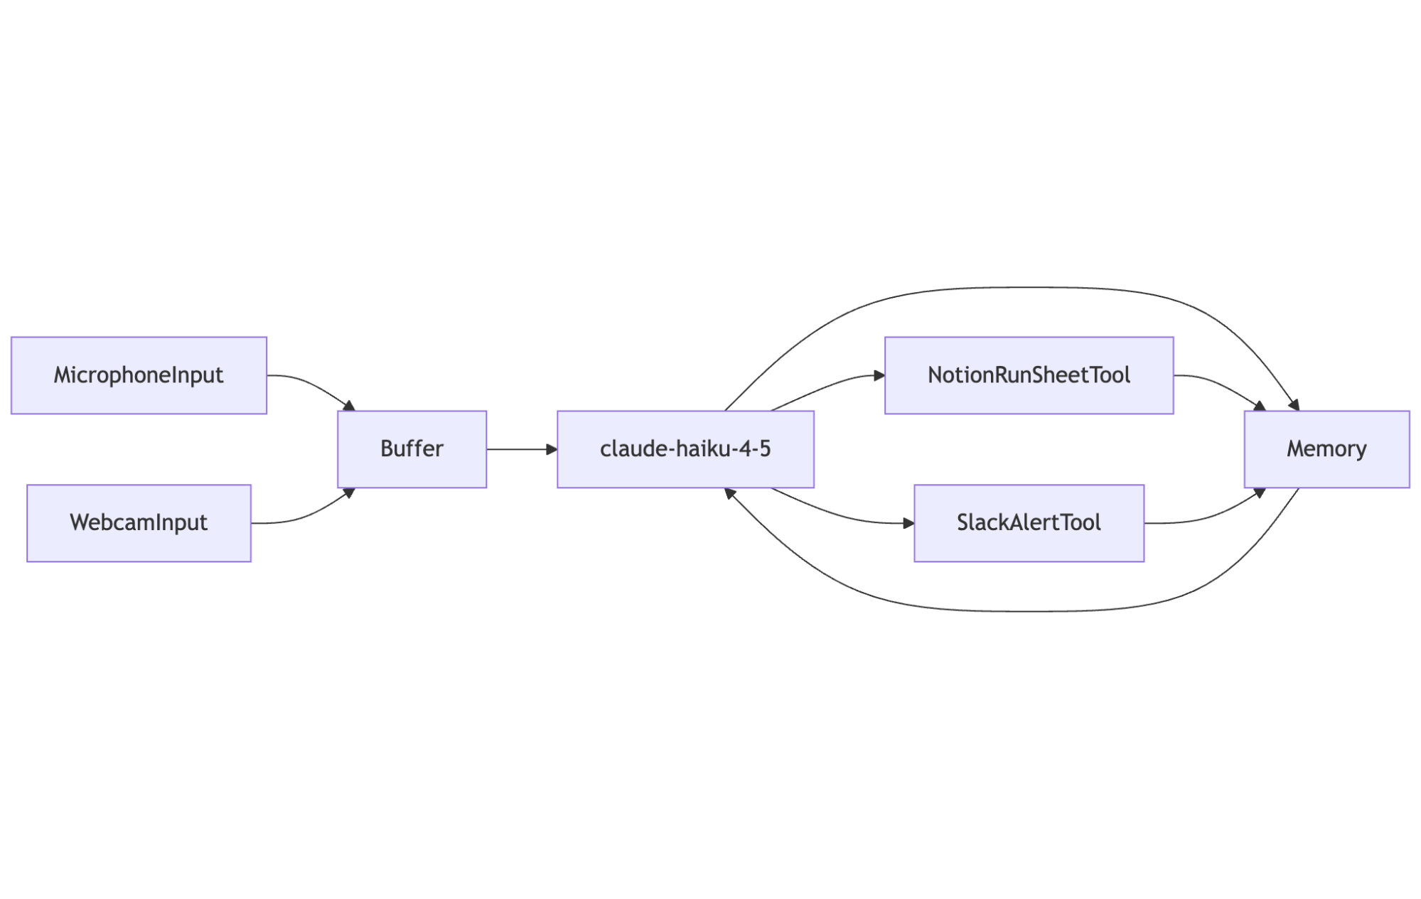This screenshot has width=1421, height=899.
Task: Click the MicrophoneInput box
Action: (139, 375)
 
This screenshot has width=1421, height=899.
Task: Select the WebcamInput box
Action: (139, 523)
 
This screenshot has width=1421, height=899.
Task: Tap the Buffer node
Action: (412, 449)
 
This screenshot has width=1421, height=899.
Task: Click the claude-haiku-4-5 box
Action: (685, 449)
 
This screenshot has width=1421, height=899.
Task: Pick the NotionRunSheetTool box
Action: (1029, 375)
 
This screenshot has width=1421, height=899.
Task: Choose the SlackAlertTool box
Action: (1029, 523)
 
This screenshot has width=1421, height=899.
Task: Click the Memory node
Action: (1326, 449)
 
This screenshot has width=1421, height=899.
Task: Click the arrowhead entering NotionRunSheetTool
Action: (879, 375)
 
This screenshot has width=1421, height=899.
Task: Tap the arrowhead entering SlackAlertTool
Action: (908, 523)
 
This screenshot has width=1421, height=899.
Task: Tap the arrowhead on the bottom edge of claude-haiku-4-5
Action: (729, 492)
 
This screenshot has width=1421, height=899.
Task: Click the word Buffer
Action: (412, 449)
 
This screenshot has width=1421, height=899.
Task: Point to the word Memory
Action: (1326, 449)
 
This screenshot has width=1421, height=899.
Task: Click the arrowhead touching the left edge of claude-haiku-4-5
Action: (552, 449)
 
